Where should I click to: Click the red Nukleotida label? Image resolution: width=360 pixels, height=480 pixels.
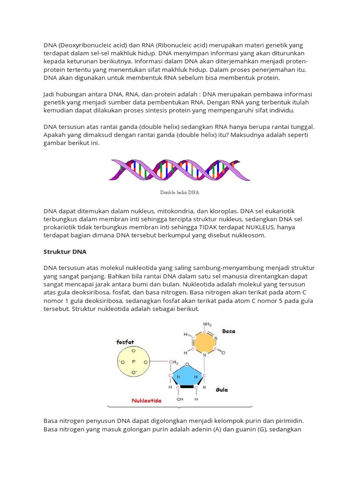[x=146, y=401]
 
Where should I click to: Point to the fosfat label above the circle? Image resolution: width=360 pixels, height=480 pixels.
[x=125, y=342]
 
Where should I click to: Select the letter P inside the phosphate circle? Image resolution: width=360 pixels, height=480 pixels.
[x=134, y=361]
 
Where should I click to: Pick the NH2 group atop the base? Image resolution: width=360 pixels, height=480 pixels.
[x=207, y=324]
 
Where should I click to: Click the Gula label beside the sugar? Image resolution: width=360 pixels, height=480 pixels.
[x=222, y=390]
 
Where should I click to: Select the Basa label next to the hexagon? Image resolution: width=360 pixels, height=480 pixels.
[x=229, y=331]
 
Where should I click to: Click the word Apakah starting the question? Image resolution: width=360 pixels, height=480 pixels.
[x=56, y=135]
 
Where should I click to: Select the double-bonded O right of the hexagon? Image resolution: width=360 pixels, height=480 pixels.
[x=224, y=352]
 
